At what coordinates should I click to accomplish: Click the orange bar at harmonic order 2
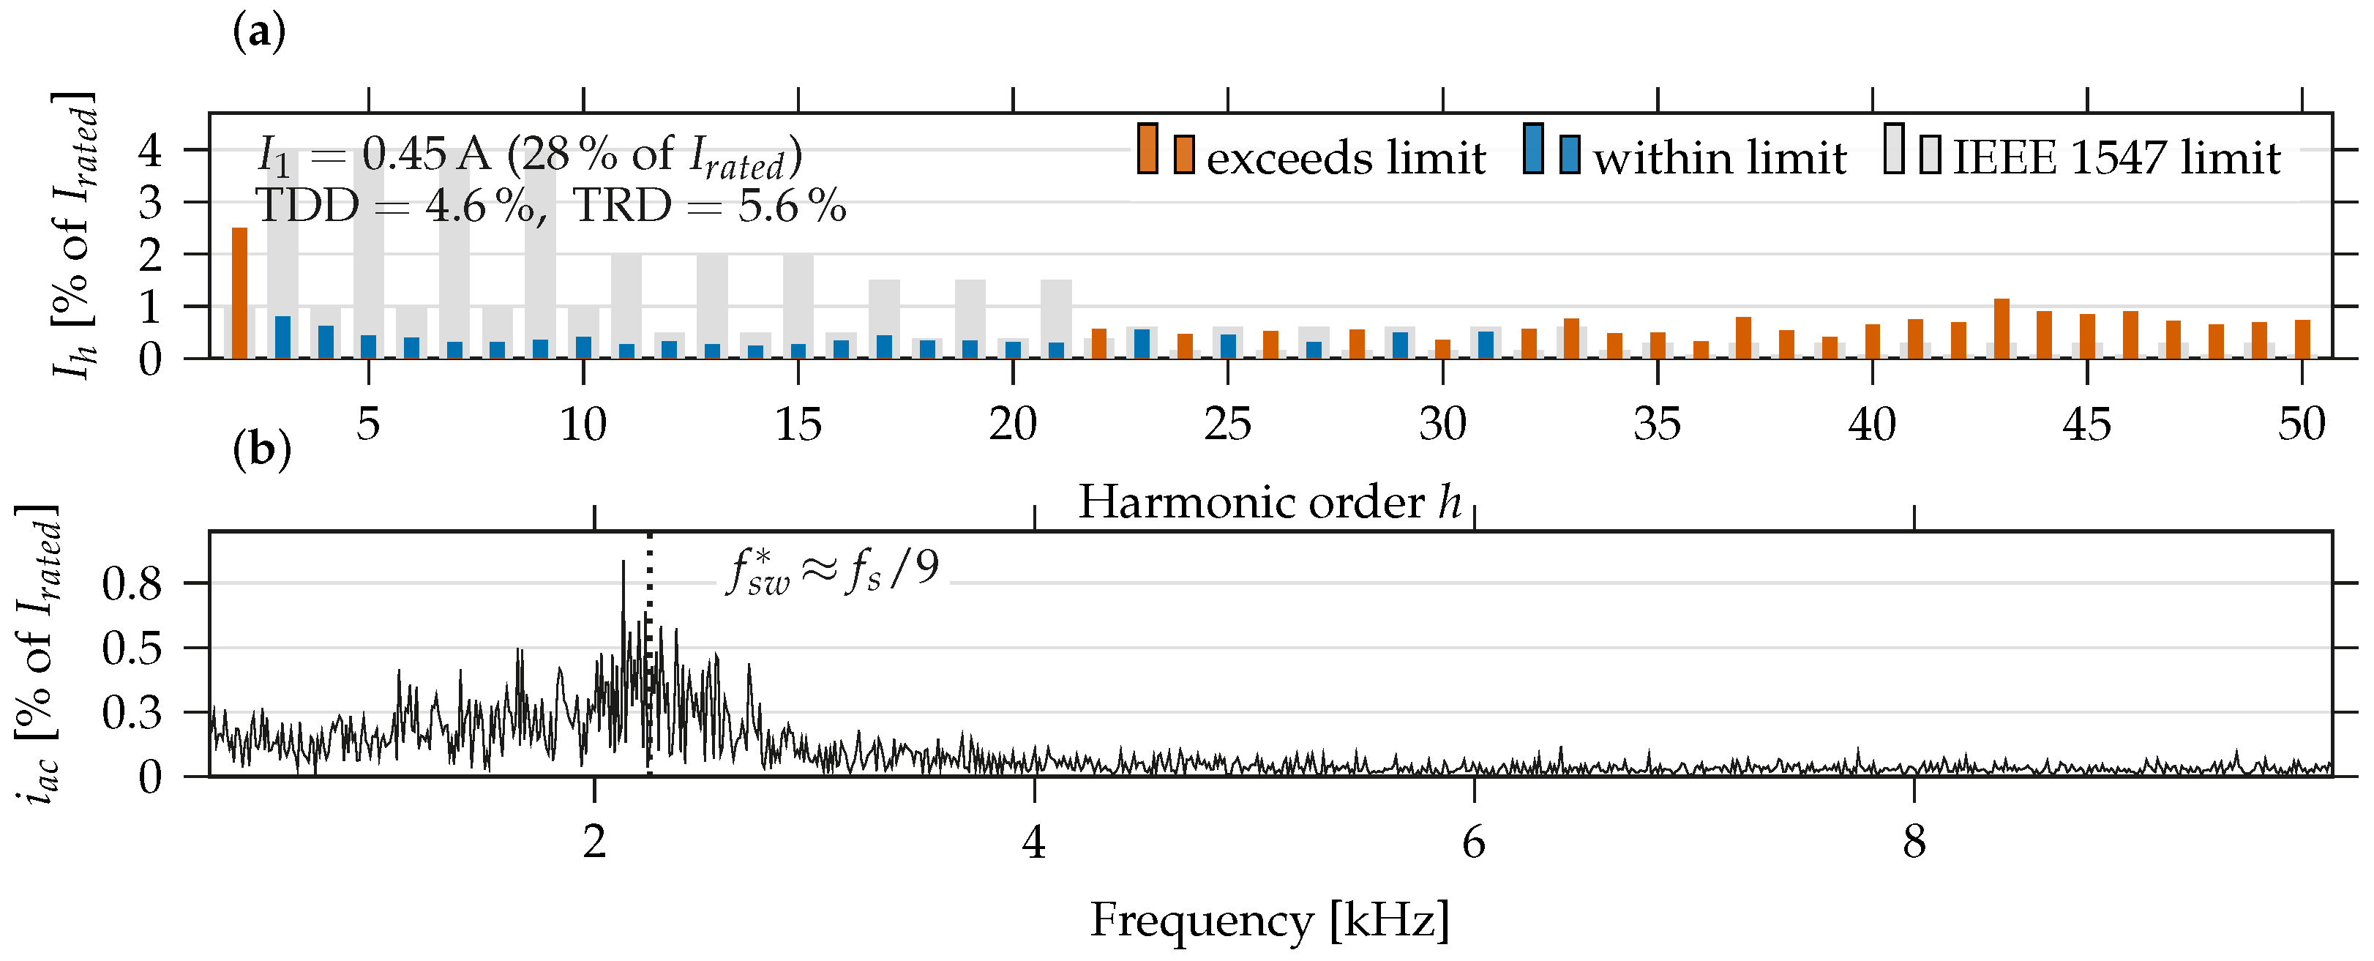tap(239, 292)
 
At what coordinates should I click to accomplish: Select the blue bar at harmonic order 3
tap(283, 336)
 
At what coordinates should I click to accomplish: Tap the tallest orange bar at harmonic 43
tap(2002, 328)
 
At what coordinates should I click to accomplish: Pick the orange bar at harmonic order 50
tap(2302, 338)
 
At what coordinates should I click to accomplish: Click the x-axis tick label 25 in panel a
tap(1227, 425)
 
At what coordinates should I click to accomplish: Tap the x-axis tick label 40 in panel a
tap(1872, 425)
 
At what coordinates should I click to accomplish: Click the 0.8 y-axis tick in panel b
tap(132, 583)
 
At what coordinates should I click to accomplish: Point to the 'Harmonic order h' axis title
tap(1270, 502)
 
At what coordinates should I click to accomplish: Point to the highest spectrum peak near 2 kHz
tap(623, 562)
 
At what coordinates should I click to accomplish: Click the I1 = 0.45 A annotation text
tap(529, 156)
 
